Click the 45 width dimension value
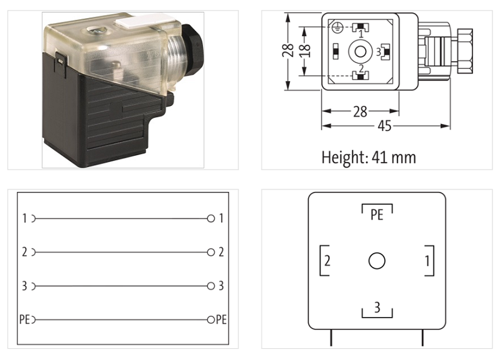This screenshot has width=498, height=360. click(385, 126)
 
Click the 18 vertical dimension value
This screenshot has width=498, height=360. click(304, 50)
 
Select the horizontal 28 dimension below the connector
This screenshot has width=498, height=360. click(360, 111)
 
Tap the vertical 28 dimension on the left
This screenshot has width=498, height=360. click(288, 50)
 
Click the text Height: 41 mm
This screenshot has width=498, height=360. click(369, 157)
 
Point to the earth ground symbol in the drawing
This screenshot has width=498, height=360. click(337, 27)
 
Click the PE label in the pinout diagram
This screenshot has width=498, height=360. click(377, 215)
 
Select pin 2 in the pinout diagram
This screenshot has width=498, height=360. click(327, 260)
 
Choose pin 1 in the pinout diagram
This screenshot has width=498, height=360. click(427, 260)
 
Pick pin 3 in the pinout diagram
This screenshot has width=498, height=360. click(377, 307)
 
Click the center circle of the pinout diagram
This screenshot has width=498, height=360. click(377, 260)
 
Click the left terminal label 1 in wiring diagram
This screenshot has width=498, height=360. click(24, 219)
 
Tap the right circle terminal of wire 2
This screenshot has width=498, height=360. click(211, 252)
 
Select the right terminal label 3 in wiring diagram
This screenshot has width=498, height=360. click(221, 286)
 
